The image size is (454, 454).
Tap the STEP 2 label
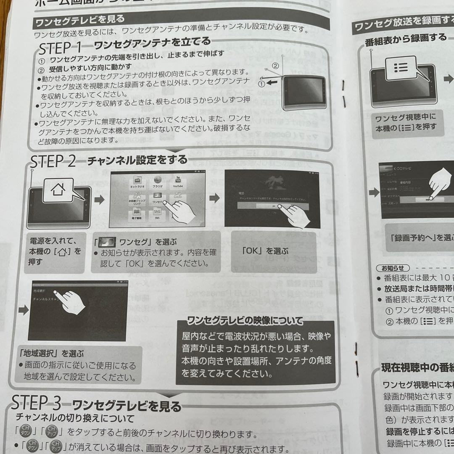(x=53, y=161)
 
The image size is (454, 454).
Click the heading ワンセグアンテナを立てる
(x=152, y=42)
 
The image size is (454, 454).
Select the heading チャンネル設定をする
(x=137, y=160)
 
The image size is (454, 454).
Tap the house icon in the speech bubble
(x=57, y=190)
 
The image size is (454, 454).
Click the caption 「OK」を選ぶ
(x=266, y=251)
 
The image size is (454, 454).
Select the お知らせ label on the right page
(x=393, y=268)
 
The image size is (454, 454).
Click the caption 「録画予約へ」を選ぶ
(x=420, y=238)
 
